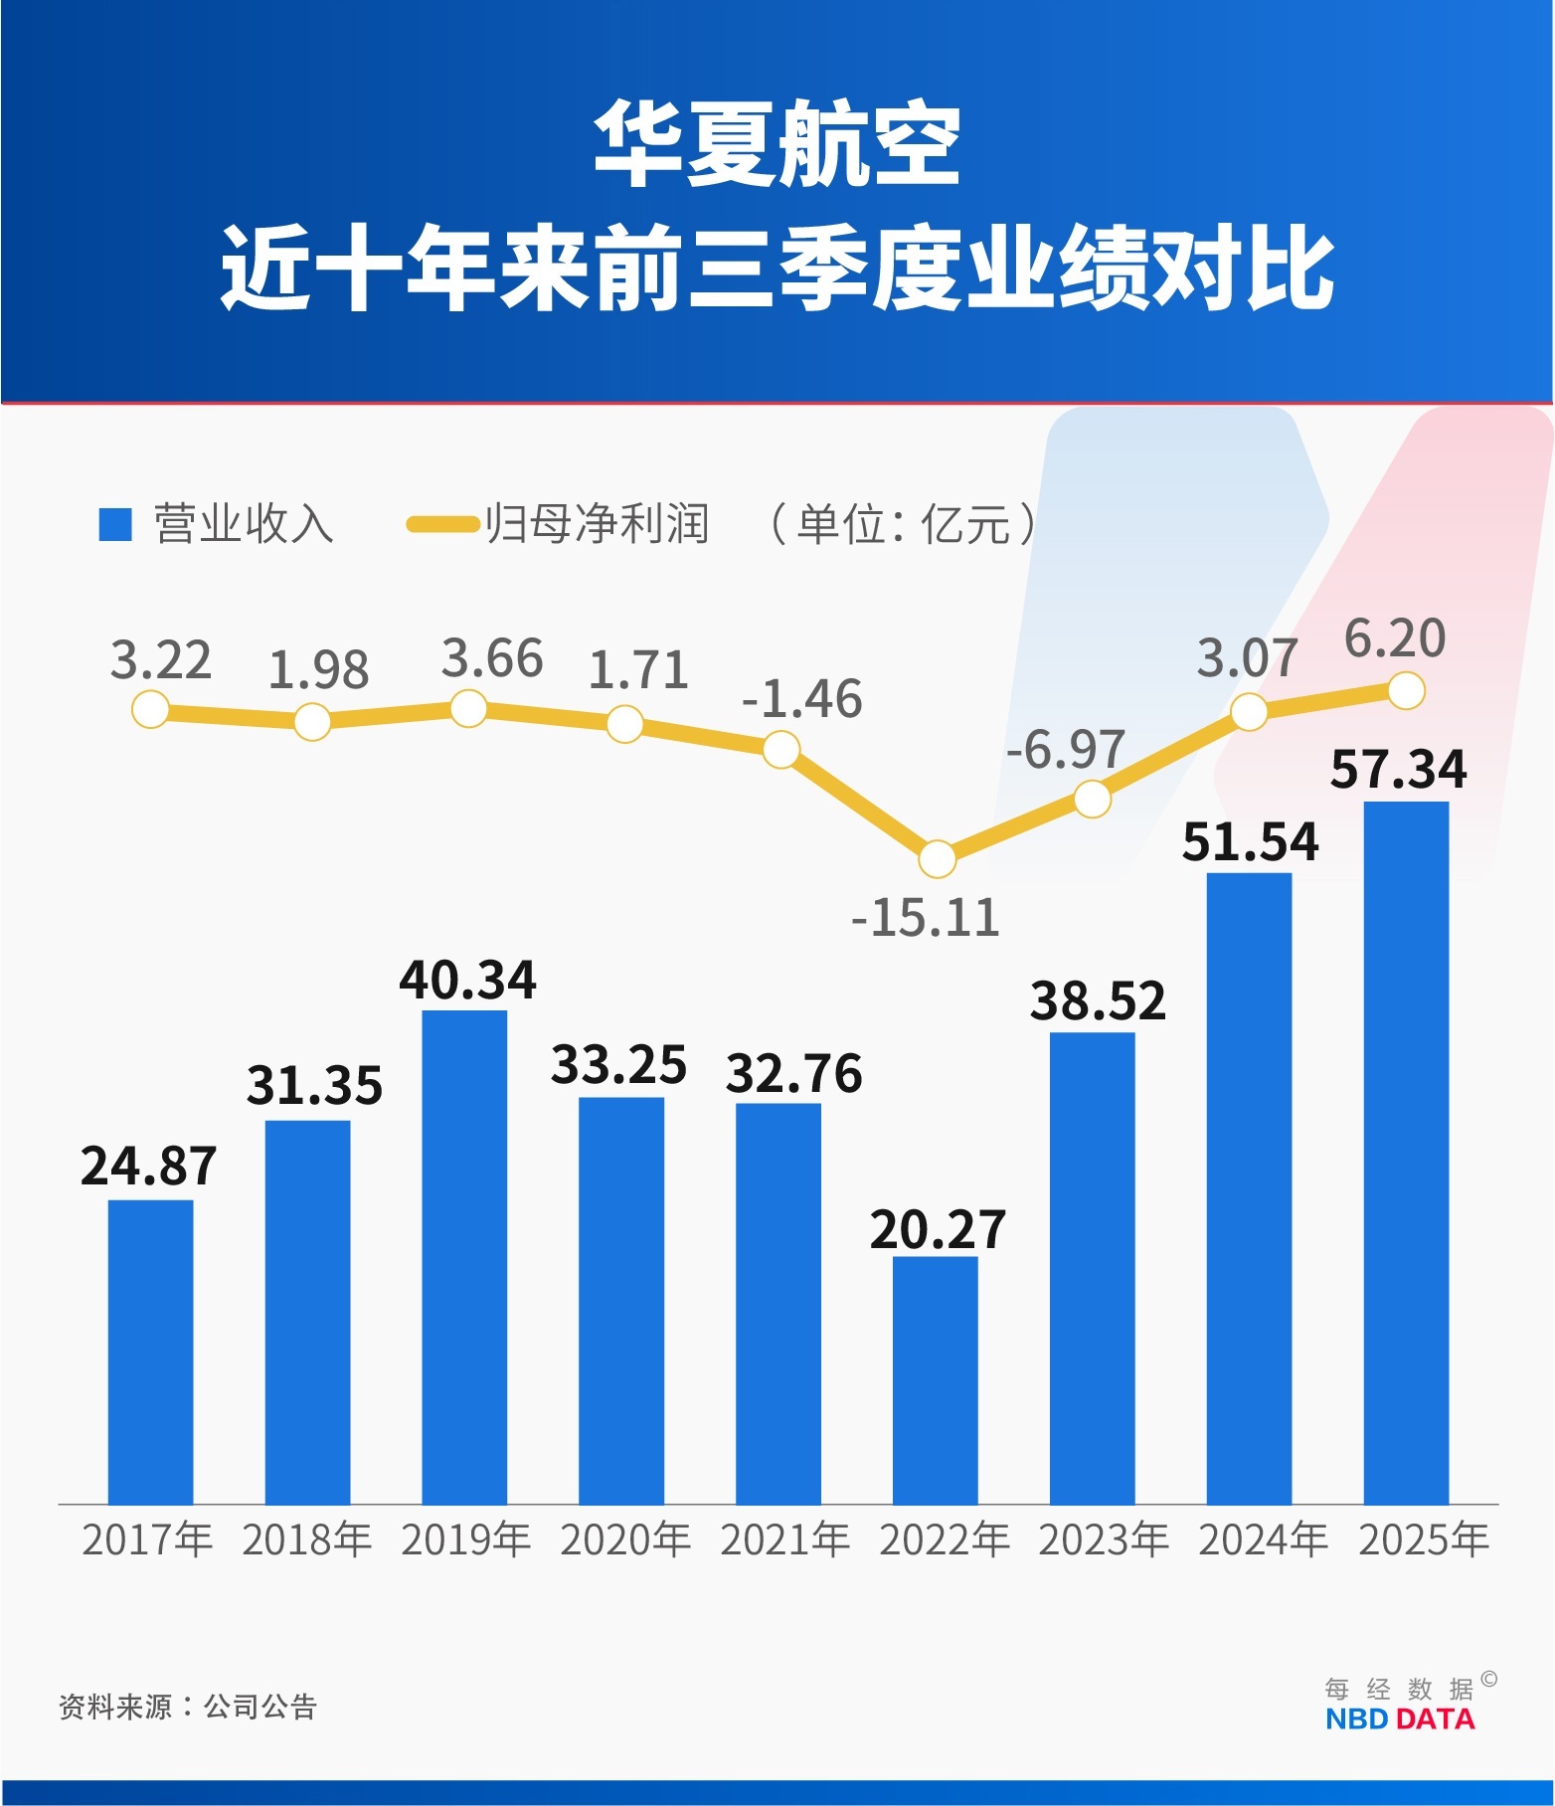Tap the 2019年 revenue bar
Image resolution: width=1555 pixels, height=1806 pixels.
[464, 1257]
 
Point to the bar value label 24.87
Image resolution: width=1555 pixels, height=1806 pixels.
[149, 1167]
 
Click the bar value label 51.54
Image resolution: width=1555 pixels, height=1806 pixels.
[1250, 842]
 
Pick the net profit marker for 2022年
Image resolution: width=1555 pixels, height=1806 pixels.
[937, 858]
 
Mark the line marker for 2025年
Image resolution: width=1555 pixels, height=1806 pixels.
[1406, 690]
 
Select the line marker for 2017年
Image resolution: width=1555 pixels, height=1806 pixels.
[150, 710]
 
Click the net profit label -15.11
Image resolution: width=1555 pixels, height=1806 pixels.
[925, 918]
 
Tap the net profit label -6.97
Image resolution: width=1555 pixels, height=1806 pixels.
[1066, 750]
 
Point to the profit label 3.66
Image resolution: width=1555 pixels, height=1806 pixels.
[492, 659]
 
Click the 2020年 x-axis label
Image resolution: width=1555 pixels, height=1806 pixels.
[625, 1540]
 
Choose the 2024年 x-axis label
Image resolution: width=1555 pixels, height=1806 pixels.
[1263, 1540]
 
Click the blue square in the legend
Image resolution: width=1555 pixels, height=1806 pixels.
[115, 524]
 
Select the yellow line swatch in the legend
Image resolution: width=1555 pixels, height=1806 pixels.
[442, 524]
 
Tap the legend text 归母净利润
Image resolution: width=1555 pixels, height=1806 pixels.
[597, 524]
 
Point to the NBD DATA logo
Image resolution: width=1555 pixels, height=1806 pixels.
[1400, 1718]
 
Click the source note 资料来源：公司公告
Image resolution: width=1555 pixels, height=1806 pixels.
[187, 1707]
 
